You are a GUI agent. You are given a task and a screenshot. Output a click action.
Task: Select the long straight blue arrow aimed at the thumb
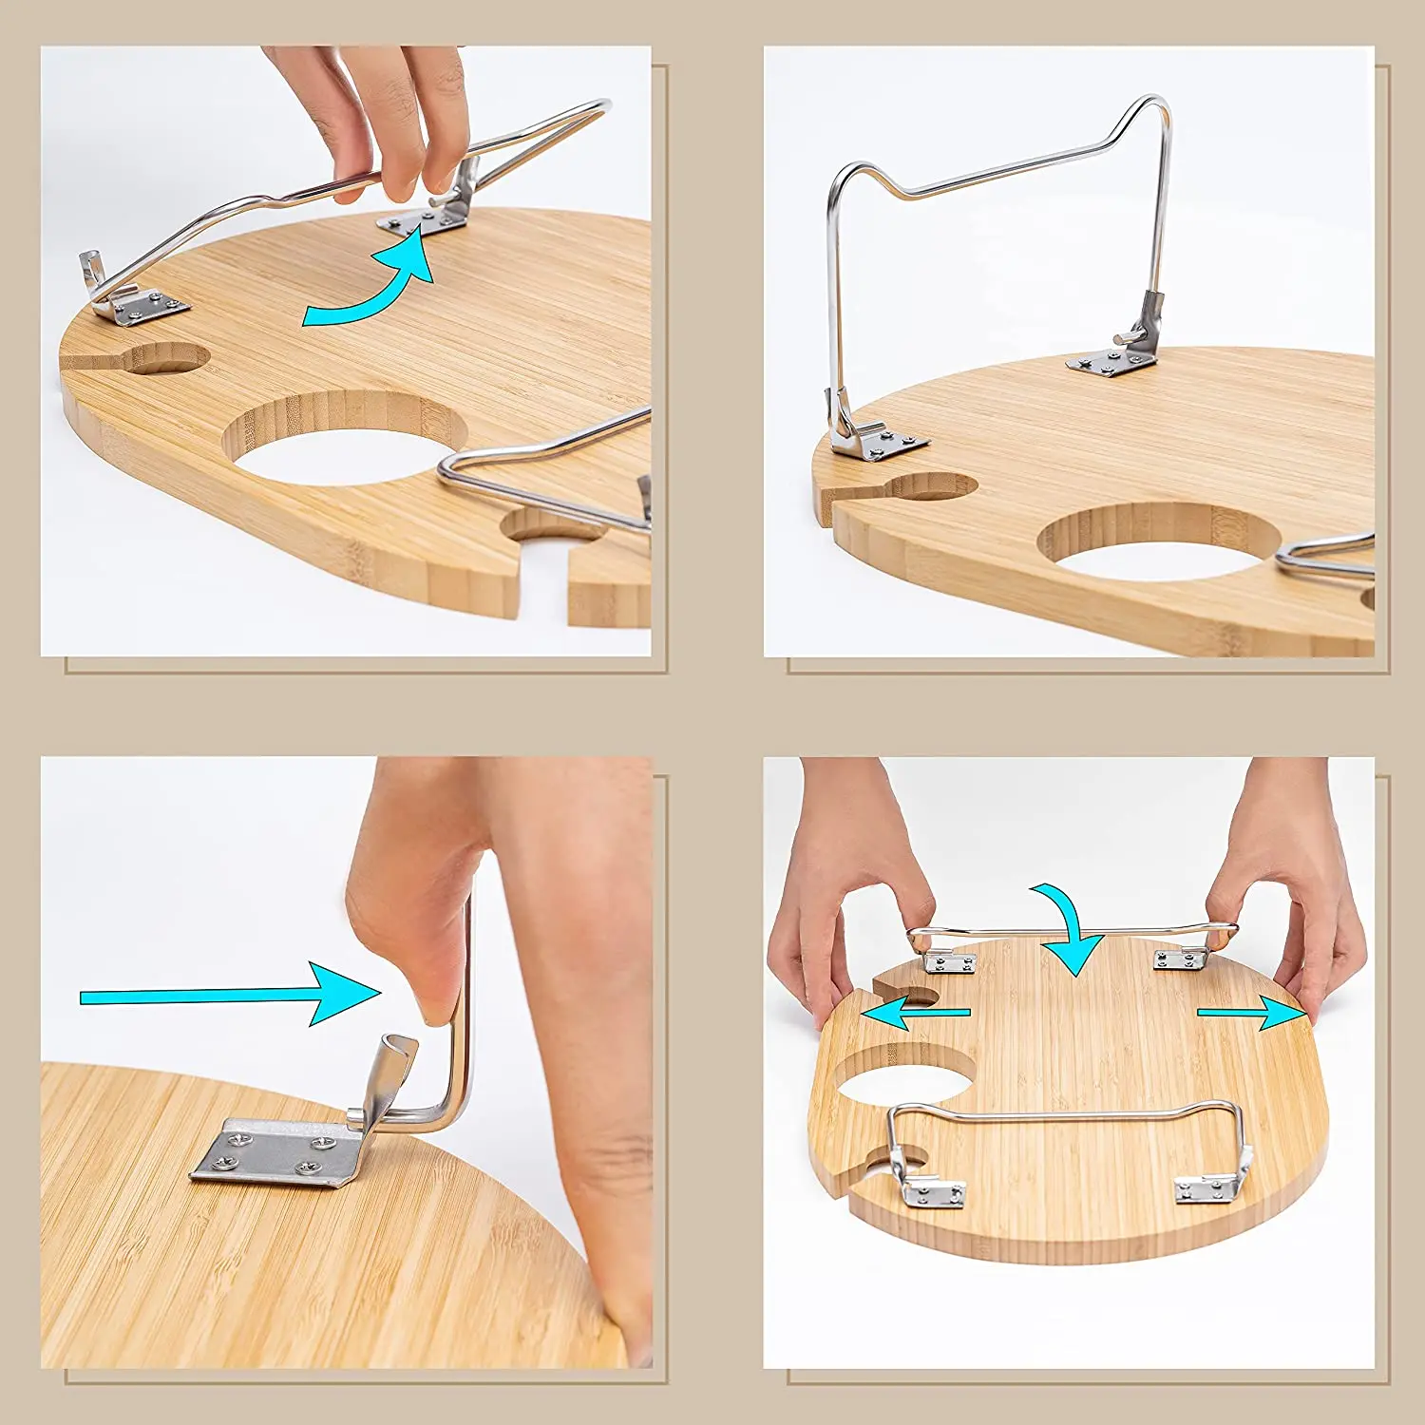pyautogui.click(x=228, y=995)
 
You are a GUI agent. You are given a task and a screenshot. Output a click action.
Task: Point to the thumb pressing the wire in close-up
pyautogui.click(x=418, y=950)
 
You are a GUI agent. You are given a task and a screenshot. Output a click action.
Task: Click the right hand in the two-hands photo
pyautogui.click(x=1292, y=902)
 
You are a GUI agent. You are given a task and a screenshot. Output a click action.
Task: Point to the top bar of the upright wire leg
pyautogui.click(x=1007, y=171)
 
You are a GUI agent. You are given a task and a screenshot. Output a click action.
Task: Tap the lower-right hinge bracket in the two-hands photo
pyautogui.click(x=1206, y=1187)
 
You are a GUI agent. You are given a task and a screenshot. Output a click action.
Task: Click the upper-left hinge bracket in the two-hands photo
pyautogui.click(x=950, y=962)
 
